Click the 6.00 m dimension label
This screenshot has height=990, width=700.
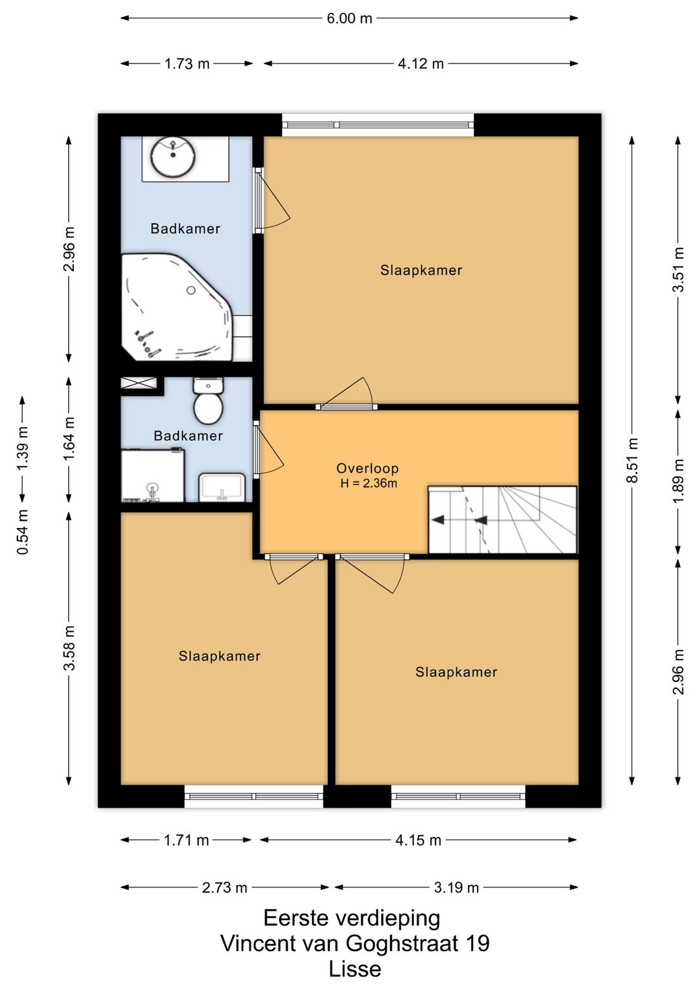point(349,19)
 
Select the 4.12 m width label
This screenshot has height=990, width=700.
point(421,64)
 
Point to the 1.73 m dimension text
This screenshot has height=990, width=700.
point(187,64)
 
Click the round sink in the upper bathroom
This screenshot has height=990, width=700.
point(173,156)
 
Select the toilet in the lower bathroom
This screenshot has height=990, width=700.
point(208,400)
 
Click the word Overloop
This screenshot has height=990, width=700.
point(367,468)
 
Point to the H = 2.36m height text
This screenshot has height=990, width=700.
point(368,483)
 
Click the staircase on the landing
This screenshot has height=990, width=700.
point(502,520)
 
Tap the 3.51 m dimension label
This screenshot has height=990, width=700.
point(677,270)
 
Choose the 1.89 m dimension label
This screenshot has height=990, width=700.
point(677,480)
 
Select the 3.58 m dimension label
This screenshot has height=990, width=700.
point(69,648)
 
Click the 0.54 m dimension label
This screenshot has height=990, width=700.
point(23,531)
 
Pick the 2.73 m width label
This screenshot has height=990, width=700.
point(224,887)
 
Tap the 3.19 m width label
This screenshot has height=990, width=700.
point(456,887)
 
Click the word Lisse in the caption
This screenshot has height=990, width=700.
point(355,969)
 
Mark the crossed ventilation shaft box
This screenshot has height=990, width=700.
point(139,383)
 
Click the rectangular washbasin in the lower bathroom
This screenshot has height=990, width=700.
point(222,487)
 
